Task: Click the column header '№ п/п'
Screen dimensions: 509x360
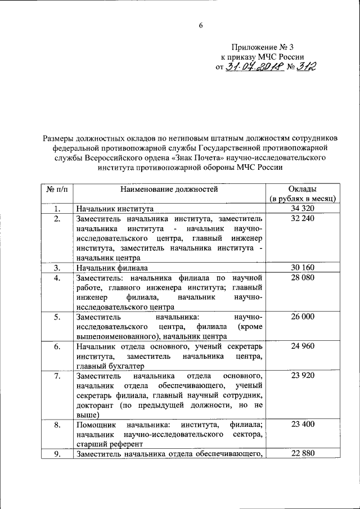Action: (57, 189)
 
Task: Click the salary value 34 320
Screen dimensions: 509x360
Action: (303, 209)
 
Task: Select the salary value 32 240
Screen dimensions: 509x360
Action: (303, 218)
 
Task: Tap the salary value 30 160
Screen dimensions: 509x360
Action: (303, 267)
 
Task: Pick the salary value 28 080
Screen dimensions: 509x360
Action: (303, 277)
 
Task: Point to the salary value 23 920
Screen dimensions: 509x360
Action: (303, 375)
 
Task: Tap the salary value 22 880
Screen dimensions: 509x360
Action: (303, 454)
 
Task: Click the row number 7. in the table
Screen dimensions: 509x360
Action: (57, 376)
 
